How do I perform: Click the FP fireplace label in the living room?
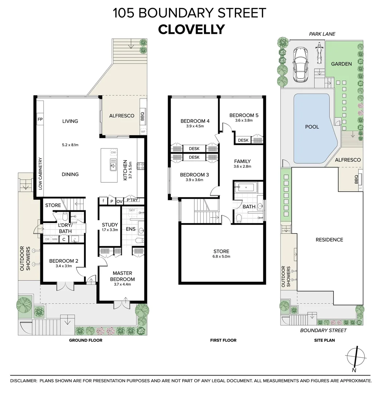(x=40, y=119)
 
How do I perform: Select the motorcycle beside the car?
(x=319, y=53)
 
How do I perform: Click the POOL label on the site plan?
(x=312, y=127)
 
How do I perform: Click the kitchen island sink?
(x=113, y=164)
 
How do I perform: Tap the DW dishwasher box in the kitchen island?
(x=113, y=152)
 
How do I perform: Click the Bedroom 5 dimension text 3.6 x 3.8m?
(x=244, y=120)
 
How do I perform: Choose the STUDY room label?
(x=110, y=225)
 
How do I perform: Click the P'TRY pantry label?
(x=132, y=200)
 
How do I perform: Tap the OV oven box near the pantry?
(x=120, y=201)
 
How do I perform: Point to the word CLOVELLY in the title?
(x=191, y=29)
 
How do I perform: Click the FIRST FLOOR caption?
(x=223, y=340)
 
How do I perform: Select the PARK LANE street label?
(x=322, y=34)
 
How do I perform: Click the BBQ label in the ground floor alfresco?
(x=142, y=116)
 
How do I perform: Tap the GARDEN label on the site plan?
(x=341, y=64)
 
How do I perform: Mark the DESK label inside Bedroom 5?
(x=243, y=140)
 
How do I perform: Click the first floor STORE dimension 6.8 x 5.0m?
(x=222, y=257)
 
